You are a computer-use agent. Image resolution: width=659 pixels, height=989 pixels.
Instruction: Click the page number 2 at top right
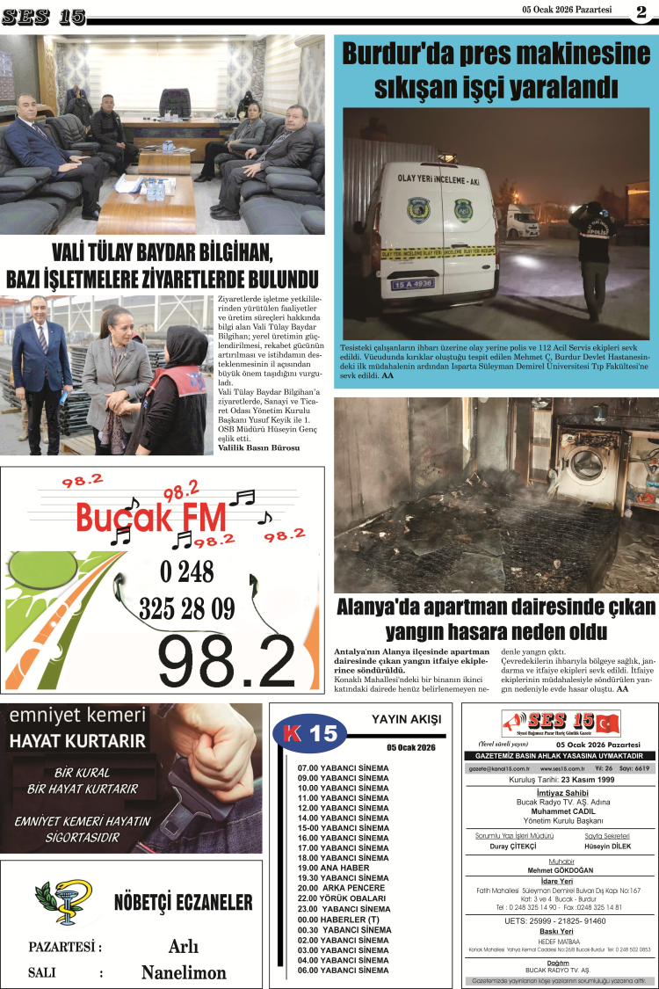tap(641, 12)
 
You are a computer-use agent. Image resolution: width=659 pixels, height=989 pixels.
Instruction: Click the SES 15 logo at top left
tap(44, 16)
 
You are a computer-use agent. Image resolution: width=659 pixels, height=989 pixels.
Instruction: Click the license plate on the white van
tap(412, 284)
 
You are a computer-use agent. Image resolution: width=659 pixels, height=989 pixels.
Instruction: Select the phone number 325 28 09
tap(186, 608)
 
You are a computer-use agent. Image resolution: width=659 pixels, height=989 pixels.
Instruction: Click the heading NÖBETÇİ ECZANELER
tap(183, 902)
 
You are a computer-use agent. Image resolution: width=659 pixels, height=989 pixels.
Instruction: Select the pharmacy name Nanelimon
tap(184, 972)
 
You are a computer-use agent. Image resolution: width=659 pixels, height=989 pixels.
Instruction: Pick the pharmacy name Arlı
tap(183, 947)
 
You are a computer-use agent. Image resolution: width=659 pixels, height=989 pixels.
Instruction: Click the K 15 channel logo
tap(312, 733)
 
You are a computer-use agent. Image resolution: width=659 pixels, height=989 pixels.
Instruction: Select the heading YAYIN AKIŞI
tap(406, 719)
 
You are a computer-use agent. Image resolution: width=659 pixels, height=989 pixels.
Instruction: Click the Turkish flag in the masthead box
tap(606, 724)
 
